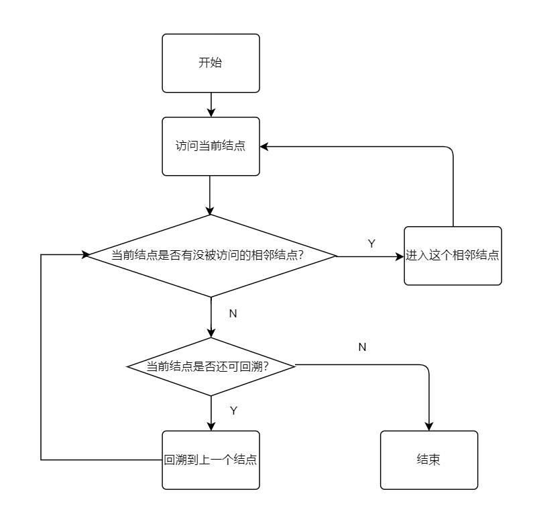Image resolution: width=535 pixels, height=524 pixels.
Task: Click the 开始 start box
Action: pos(211,63)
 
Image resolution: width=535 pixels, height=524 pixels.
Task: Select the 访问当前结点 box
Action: pos(211,146)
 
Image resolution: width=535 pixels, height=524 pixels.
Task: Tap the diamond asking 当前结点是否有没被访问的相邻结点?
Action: pos(211,256)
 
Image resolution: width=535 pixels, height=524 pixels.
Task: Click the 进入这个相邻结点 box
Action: pos(453,256)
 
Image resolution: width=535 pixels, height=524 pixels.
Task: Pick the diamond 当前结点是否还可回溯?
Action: pos(211,366)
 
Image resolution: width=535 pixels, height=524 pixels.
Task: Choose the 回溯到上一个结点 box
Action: pos(211,460)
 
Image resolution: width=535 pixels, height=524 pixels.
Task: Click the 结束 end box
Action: pos(429,460)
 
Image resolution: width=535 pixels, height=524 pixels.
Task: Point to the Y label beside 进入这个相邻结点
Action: pos(371,244)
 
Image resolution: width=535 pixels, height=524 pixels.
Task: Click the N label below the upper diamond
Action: pos(233,313)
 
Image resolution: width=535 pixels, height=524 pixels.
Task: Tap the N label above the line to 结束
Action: pos(362,347)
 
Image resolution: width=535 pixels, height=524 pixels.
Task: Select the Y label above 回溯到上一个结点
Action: pos(233,411)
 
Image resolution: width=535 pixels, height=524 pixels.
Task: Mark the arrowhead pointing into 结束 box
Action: pos(429,426)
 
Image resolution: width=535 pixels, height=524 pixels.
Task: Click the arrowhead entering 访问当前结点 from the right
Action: pos(265,146)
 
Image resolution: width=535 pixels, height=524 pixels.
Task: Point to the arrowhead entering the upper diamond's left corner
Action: pos(85,255)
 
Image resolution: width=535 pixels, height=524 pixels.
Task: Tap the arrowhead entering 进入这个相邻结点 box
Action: pos(400,256)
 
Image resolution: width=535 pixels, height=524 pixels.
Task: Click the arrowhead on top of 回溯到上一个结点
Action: pos(211,426)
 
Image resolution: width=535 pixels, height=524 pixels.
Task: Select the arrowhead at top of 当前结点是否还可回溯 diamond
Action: pos(211,333)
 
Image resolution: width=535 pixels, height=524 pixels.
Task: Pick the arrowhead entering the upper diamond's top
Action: pos(211,210)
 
